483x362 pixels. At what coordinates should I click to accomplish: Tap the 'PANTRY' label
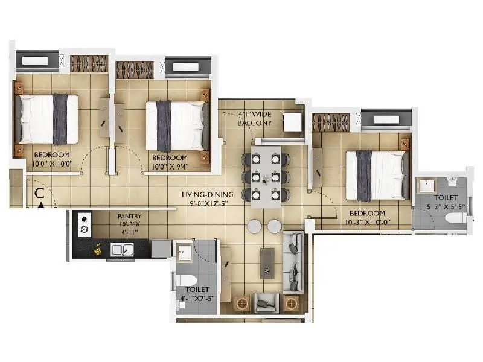130,215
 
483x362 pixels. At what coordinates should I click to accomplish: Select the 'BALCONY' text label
255,123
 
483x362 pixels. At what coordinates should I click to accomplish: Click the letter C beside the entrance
39,194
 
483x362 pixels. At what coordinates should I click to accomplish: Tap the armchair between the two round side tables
267,302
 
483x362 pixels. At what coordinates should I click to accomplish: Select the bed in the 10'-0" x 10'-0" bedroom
48,118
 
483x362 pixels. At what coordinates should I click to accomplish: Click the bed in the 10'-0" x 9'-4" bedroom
175,125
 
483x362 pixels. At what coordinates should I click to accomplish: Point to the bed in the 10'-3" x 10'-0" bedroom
374,175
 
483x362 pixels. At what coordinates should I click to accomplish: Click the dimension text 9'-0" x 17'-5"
208,204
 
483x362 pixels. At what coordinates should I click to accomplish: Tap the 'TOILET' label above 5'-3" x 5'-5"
446,198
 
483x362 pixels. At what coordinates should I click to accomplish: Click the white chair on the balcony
293,121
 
